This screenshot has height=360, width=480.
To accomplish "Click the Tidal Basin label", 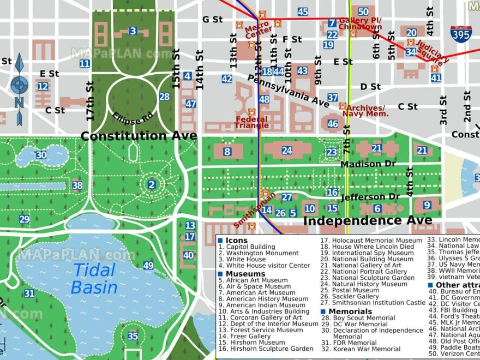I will [x=94, y=278].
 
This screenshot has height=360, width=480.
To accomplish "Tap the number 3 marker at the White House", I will [x=133, y=31].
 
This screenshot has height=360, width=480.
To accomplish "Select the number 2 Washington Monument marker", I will [x=152, y=185].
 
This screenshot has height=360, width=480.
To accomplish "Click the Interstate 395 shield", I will [x=461, y=34].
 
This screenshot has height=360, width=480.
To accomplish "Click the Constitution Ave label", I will [x=139, y=136].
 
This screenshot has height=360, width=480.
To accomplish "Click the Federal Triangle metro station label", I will [x=251, y=123].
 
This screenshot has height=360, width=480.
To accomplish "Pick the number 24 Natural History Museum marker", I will [x=286, y=151].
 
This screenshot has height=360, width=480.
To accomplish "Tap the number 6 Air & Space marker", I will [x=377, y=208].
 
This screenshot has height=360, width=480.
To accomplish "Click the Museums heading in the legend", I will [x=245, y=274].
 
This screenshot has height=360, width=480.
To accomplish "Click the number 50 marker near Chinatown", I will [x=363, y=11].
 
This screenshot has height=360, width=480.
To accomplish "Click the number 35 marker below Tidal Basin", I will [x=133, y=336].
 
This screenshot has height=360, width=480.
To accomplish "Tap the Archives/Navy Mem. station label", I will [x=365, y=111].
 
